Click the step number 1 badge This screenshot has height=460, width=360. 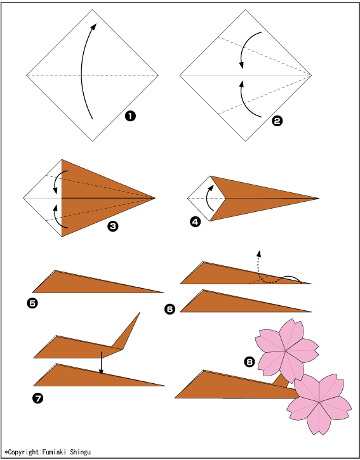click(130, 116)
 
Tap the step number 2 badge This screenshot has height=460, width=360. click(277, 121)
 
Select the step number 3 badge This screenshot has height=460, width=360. click(113, 226)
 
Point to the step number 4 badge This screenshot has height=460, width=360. click(196, 222)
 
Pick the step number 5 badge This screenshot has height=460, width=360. click(32, 303)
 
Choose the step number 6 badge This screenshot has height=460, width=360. click(170, 309)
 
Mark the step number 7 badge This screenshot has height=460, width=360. click(38, 398)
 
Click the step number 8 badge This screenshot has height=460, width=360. click(250, 362)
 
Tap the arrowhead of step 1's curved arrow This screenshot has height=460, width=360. click(94, 27)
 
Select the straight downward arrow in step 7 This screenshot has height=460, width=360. click(101, 362)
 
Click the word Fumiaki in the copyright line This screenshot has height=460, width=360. click(55, 452)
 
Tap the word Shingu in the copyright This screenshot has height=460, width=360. click(80, 452)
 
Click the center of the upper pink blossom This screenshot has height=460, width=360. click(286, 351)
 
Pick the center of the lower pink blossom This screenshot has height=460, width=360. click(319, 402)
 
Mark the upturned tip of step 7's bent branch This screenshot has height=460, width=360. click(140, 312)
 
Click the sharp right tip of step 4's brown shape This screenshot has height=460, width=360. click(319, 198)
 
